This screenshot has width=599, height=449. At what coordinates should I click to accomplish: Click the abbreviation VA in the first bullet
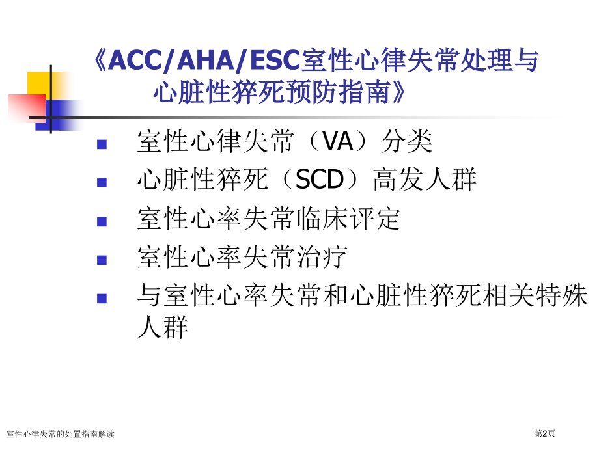coord(338,141)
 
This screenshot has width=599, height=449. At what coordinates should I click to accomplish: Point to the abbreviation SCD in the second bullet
coord(320,180)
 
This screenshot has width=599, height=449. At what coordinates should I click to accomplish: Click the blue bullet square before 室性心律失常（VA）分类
coord(102,144)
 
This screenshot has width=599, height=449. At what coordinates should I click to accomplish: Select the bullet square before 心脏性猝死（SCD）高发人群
coord(102,182)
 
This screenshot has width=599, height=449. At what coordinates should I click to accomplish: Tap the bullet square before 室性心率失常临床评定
coord(102,222)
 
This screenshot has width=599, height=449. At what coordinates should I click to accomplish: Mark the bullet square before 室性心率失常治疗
coord(102,260)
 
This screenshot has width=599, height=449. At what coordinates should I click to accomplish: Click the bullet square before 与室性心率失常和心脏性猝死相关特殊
coord(102,298)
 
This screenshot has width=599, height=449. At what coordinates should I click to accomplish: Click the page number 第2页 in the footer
coord(544,433)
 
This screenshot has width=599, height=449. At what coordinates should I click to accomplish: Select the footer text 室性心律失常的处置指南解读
coord(61,434)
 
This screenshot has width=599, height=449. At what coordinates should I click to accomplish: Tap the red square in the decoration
coord(27,109)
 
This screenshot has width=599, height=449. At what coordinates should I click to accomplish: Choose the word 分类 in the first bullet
coord(406,141)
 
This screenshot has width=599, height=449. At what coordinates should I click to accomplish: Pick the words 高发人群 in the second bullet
coord(425,180)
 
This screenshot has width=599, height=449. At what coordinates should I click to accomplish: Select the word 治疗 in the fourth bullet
coord(322,257)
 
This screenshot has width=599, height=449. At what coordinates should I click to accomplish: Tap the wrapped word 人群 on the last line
coord(162,327)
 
